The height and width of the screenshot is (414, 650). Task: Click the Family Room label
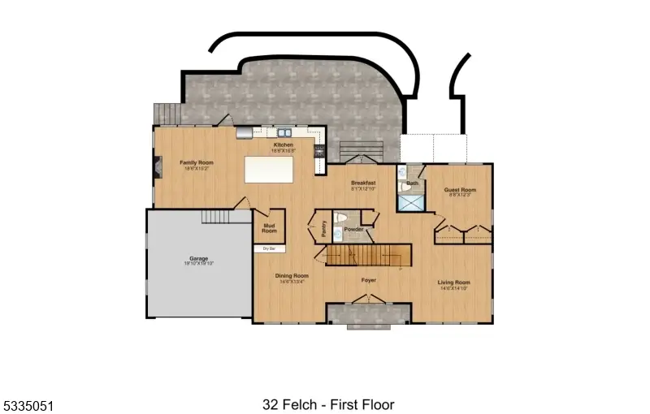(195, 162)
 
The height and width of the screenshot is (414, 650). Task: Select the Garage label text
(198, 259)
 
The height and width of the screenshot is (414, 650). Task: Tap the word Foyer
(369, 281)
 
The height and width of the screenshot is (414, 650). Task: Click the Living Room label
(455, 282)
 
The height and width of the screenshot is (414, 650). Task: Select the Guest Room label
(459, 191)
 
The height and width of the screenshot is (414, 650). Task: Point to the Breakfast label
(363, 183)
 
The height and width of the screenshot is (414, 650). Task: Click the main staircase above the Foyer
(366, 256)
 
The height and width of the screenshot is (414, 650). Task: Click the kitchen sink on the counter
(284, 133)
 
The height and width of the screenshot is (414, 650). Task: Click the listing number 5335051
(28, 403)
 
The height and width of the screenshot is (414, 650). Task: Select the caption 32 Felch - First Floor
(327, 403)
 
